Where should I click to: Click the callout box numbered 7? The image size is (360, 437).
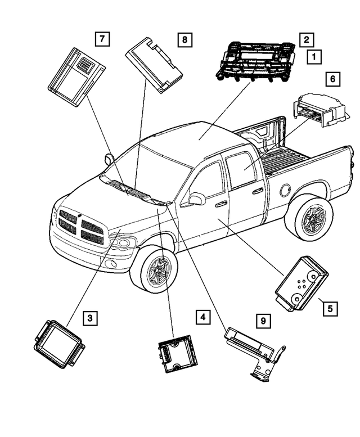[x=101, y=39]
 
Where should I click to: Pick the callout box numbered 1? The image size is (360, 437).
[x=313, y=56]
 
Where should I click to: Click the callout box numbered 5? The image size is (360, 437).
[x=330, y=308]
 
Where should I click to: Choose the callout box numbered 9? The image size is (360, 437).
[x=262, y=321]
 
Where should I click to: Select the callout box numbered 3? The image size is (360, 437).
[x=90, y=318]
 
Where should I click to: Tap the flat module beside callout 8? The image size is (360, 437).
[x=154, y=64]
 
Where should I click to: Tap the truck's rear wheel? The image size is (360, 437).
[x=309, y=217]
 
